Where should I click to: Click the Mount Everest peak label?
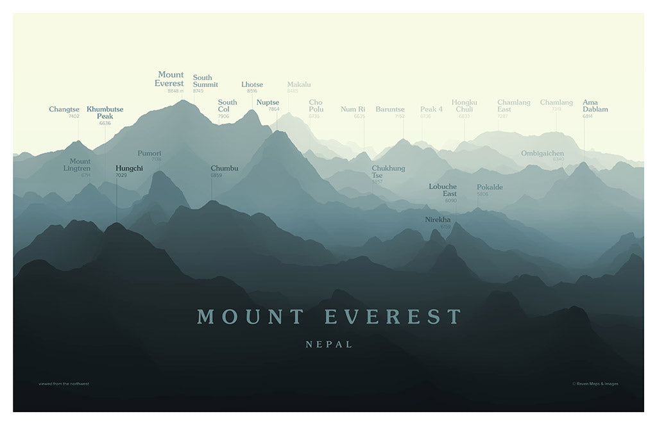coord(169,79)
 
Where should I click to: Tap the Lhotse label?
coord(252,85)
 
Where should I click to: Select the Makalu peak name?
coord(299,85)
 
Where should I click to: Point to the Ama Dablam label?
coord(595,106)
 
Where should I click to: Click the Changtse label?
coord(64,110)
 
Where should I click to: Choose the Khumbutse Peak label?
coord(105,113)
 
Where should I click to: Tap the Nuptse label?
coord(268,102)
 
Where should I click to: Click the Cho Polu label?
coord(316,106)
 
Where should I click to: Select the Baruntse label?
coord(390,110)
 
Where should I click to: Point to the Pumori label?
coord(149,154)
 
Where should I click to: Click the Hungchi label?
coord(129,169)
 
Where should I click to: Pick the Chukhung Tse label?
coord(388,172)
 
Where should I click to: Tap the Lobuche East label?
coord(443,190)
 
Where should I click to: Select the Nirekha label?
coord(438,220)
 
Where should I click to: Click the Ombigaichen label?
coord(542,153)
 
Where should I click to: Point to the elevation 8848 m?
coord(175,91)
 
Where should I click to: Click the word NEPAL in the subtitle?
coord(329,344)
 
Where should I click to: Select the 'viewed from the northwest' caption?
coord(64,384)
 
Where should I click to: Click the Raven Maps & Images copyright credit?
coord(595,384)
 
